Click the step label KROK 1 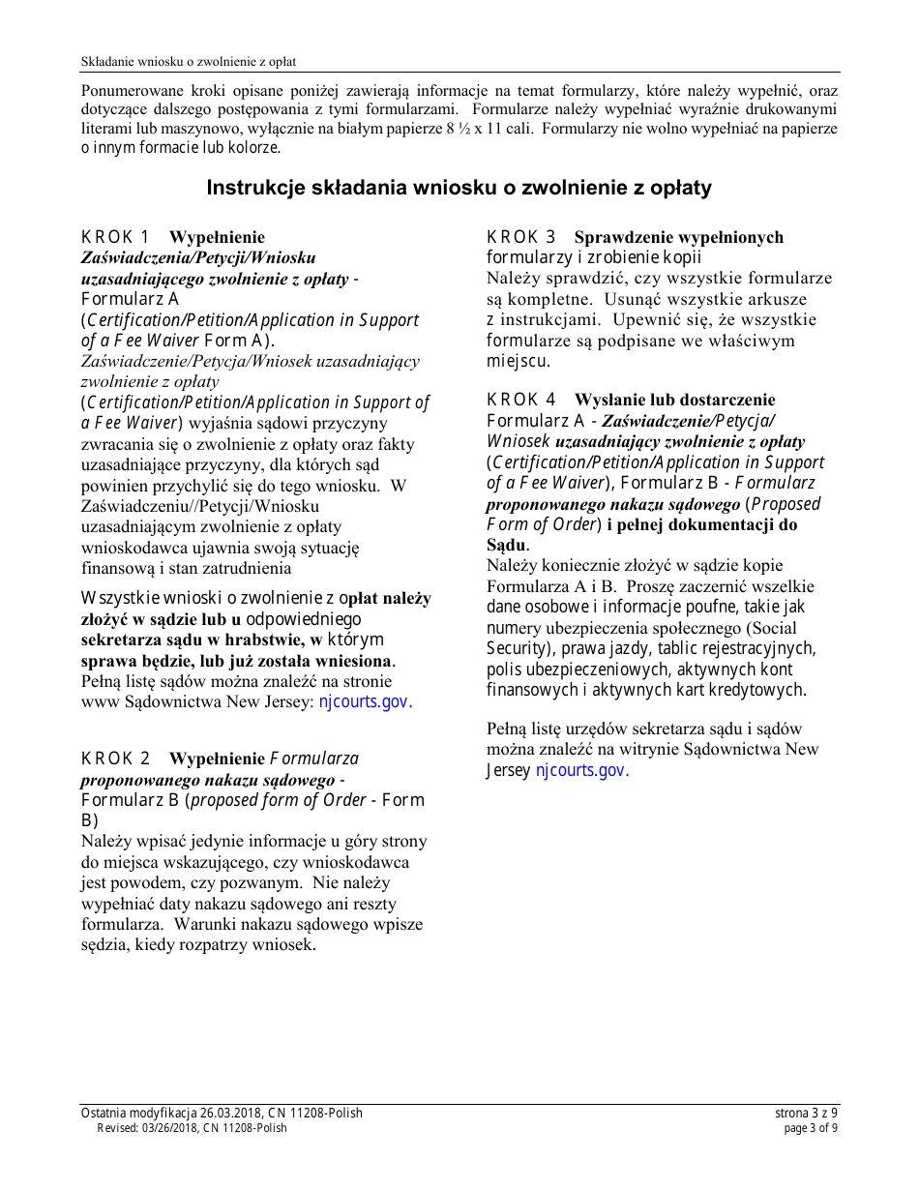[115, 237]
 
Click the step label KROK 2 [115, 759]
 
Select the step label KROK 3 [521, 237]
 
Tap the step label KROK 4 [521, 400]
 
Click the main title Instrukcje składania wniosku [459, 188]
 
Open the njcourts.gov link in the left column [366, 702]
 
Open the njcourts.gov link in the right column [582, 770]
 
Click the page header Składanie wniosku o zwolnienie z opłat [189, 62]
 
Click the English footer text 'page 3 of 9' [811, 1127]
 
